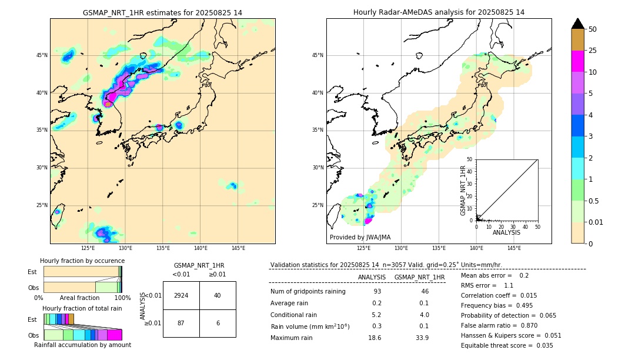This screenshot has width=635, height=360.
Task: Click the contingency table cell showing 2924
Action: (181, 295)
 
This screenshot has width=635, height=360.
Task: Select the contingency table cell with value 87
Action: (181, 323)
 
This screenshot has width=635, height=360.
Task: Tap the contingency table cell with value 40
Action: (218, 295)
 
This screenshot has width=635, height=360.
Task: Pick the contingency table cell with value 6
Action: (218, 323)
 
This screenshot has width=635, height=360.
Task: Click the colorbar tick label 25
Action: (593, 51)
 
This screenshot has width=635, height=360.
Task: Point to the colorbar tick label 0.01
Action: (596, 222)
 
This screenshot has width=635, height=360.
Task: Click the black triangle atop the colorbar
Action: (578, 24)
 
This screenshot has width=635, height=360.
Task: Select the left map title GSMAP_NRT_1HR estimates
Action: (162, 12)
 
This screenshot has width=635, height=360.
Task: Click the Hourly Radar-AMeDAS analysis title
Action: (439, 12)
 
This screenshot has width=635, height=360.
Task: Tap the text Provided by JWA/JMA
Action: (360, 237)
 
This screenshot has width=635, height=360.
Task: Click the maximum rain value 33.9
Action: (422, 338)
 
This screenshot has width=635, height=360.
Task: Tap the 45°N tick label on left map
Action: (42, 55)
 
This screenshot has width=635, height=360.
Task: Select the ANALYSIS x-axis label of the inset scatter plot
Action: (506, 232)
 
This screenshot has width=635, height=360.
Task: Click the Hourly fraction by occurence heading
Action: (82, 261)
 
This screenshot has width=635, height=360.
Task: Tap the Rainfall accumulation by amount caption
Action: (82, 345)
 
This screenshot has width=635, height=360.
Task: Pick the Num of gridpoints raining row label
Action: (308, 291)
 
